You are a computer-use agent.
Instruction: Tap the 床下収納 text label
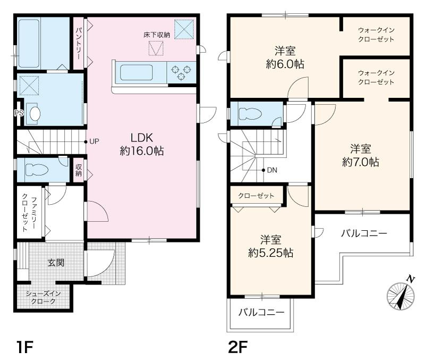pyautogui.click(x=156, y=35)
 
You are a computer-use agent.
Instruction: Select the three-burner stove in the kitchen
pyautogui.click(x=181, y=72)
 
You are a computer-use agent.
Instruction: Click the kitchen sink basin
pyautogui.click(x=137, y=72)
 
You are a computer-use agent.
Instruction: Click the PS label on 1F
pyautogui.click(x=19, y=113)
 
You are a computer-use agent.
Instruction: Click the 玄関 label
pyautogui.click(x=56, y=263)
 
